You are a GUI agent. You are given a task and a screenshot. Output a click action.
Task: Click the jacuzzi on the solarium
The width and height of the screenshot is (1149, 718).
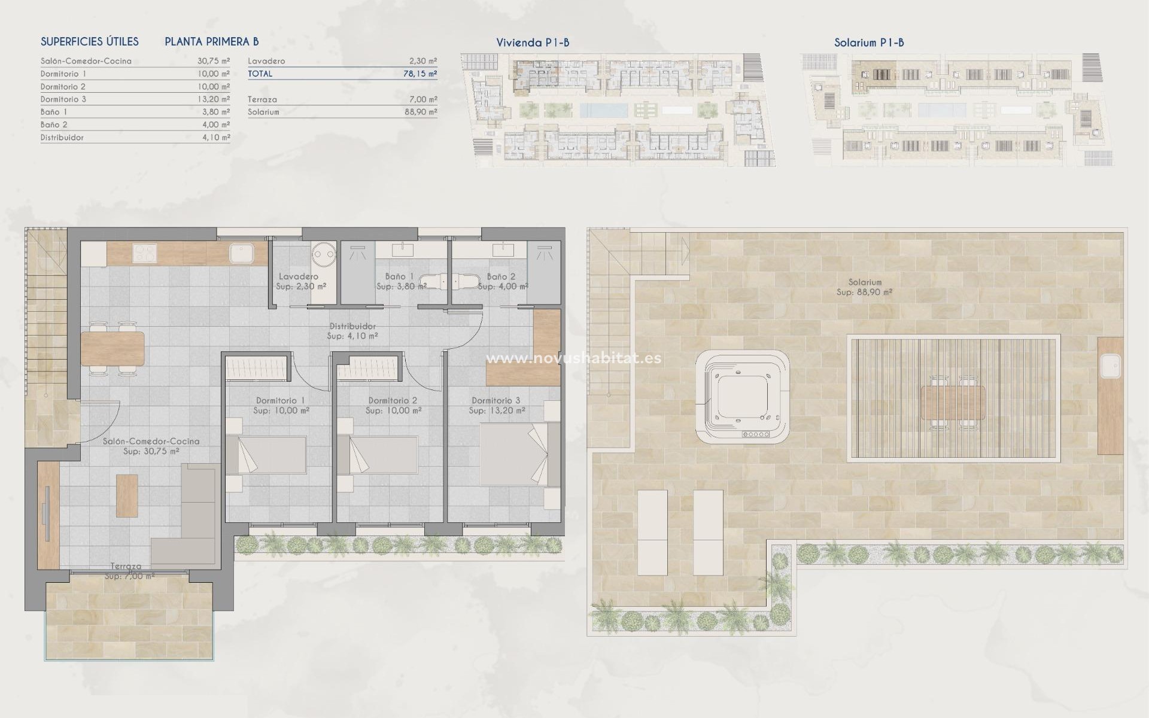coord(741,396)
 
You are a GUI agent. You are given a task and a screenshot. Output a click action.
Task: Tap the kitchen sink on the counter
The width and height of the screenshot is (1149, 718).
coord(241,253)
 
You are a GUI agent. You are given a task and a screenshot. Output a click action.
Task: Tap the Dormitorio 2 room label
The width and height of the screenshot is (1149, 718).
coord(393,400)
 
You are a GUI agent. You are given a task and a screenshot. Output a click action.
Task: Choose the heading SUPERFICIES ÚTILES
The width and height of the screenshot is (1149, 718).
coord(89,41)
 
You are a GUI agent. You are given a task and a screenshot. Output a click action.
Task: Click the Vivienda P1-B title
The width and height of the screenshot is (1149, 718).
coord(532,42)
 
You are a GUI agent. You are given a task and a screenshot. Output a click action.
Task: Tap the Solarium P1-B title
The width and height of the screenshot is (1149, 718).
coord(868,42)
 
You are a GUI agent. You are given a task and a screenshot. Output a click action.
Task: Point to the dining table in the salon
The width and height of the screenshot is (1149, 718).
coord(113,349)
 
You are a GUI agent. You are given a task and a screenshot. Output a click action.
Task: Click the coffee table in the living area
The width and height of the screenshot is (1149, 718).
coord(127,495)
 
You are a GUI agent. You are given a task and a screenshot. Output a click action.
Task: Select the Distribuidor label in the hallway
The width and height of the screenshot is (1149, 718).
coord(352,326)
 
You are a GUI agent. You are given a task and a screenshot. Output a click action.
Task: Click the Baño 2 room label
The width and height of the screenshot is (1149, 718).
coord(501,276)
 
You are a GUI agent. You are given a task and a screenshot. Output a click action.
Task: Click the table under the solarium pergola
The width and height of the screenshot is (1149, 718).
coord(953,403)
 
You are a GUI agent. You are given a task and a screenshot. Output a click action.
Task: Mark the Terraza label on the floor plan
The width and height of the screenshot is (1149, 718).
coord(126,566)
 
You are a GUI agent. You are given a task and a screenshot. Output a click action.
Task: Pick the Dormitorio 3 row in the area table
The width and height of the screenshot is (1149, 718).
coord(135,99)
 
